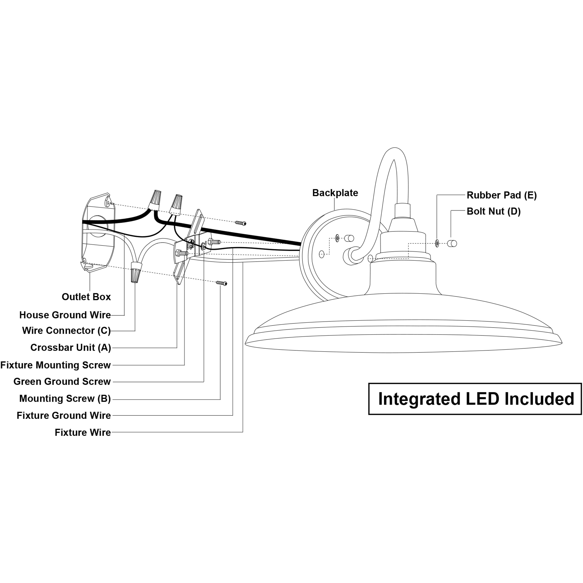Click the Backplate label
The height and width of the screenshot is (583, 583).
[x=335, y=193]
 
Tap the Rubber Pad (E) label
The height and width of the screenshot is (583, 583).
[x=502, y=195]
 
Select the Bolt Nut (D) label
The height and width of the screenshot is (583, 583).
[x=494, y=211]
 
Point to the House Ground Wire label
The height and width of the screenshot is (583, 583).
[x=65, y=315]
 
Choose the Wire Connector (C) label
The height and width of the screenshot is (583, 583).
[x=66, y=330]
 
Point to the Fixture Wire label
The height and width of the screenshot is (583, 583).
[x=83, y=432]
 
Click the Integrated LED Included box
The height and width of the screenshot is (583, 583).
[x=475, y=399]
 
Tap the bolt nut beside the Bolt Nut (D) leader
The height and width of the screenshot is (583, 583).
[x=452, y=243]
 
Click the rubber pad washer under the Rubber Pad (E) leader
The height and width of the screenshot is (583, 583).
[x=437, y=243]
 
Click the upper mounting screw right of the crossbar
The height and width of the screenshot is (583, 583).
[x=240, y=223]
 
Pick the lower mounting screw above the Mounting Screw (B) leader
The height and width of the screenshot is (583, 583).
[x=221, y=283]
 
